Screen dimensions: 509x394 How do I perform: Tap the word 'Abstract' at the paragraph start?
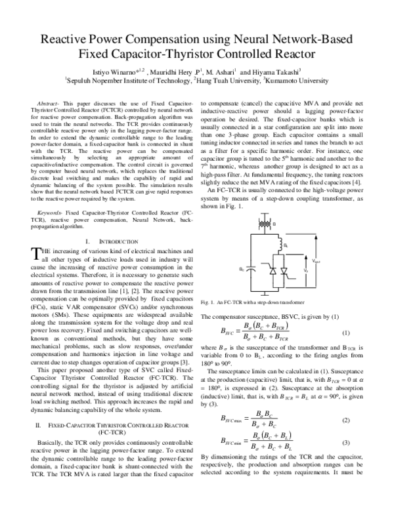[x=51, y=104]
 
